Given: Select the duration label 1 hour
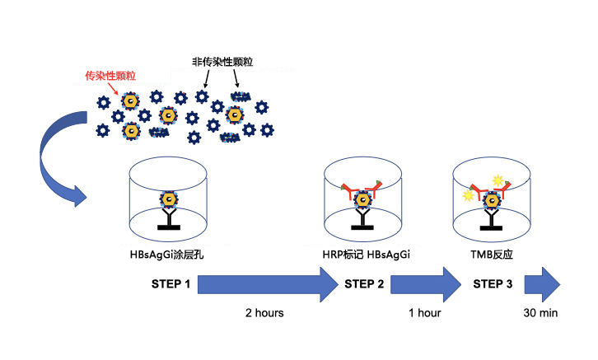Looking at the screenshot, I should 424,313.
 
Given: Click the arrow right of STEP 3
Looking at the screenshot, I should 544,285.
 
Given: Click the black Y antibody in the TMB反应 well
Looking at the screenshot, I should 493,219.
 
